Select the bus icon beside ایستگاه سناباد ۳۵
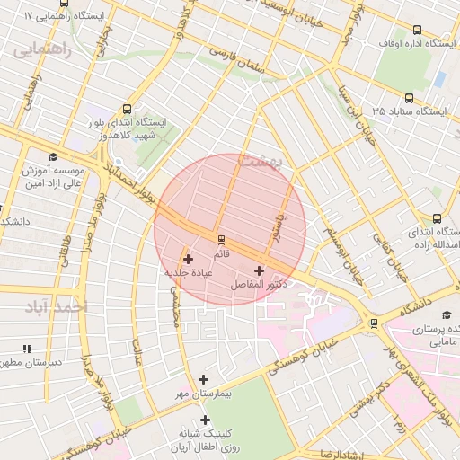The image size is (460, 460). tap(410, 99)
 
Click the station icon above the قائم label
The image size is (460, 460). tap(221, 240)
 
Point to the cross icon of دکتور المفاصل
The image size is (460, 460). tap(260, 270)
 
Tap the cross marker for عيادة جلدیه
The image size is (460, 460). tap(188, 259)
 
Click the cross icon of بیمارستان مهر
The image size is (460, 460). tap(204, 380)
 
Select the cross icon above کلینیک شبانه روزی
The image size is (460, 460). tap(206, 420)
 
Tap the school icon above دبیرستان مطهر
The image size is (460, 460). tap(27, 349)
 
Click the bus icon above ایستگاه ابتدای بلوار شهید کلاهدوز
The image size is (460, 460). tap(126, 109)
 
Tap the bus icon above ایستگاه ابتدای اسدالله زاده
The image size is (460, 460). tap(438, 217)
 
